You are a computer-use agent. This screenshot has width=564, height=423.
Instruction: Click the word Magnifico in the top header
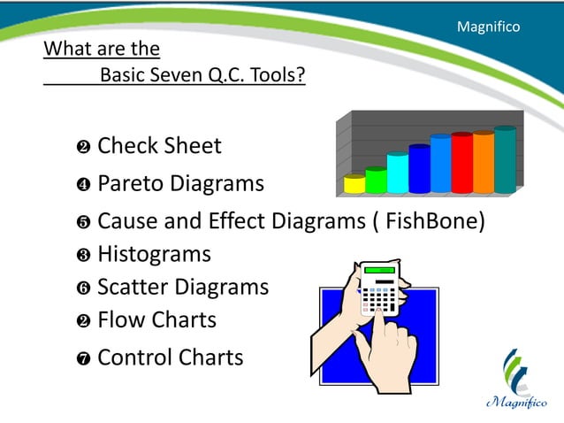488,27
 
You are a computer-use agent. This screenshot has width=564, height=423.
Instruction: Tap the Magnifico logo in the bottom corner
516,379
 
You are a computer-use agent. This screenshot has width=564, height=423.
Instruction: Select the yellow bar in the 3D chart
354,184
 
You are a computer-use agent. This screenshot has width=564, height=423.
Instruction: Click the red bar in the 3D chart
461,162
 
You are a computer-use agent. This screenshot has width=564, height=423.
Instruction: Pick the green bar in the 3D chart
376,180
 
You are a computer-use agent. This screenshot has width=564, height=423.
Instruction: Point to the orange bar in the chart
484,161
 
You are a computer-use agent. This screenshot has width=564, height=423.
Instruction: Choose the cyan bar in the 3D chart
398,173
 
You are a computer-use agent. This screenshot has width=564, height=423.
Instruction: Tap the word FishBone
431,220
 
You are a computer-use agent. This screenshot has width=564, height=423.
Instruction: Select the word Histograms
154,254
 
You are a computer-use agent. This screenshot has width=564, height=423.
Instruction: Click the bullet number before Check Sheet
84,147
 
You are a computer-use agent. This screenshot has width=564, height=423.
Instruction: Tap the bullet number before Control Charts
84,359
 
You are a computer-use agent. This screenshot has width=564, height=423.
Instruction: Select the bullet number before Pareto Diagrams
84,186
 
